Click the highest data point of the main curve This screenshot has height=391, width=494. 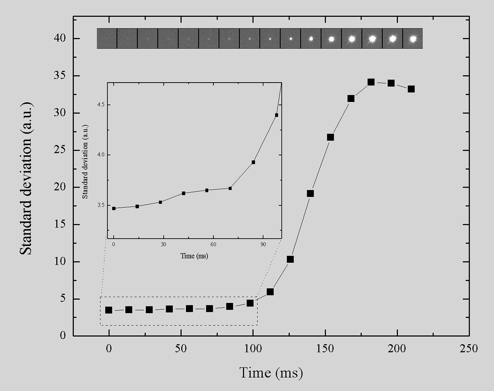371,82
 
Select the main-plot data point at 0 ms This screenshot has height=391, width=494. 109,310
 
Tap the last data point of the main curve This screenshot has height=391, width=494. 411,89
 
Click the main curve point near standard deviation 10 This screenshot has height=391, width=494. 290,259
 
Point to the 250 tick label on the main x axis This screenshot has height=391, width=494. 469,349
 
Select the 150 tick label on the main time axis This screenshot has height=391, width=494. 325,349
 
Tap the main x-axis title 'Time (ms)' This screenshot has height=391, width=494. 271,372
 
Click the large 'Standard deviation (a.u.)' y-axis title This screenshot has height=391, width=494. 27,179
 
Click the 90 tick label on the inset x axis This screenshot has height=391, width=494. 263,245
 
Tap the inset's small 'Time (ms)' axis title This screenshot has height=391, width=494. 194,256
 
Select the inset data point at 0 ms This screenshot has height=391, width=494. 114,209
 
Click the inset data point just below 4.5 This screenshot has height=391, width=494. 276,115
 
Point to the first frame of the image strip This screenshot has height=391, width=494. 107,39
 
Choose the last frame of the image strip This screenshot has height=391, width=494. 413,39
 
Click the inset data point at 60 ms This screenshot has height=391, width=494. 207,190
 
